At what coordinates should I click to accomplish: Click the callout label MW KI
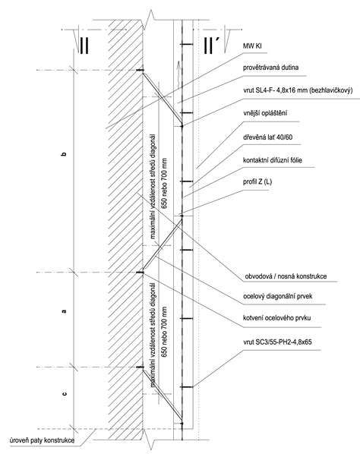(252, 46)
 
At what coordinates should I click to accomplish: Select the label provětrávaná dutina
(271, 68)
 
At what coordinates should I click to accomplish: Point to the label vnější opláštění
(265, 113)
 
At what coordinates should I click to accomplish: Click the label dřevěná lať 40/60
(267, 137)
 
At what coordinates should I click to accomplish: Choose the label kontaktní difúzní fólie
(273, 160)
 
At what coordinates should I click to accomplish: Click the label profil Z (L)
(257, 182)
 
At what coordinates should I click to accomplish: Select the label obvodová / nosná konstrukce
(286, 276)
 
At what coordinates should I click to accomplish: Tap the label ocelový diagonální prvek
(278, 296)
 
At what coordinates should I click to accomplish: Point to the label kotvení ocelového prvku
(277, 318)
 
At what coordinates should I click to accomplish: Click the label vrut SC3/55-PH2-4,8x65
(277, 342)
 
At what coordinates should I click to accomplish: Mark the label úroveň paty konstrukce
(42, 440)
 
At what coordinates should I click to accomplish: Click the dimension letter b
(64, 154)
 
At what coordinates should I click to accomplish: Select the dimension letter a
(64, 311)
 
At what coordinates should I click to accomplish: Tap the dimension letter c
(65, 394)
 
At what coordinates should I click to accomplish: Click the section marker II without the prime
(84, 46)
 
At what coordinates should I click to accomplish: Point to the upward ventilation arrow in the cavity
(178, 74)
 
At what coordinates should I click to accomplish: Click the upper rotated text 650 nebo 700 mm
(164, 183)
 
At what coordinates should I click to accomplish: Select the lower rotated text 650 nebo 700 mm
(164, 332)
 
